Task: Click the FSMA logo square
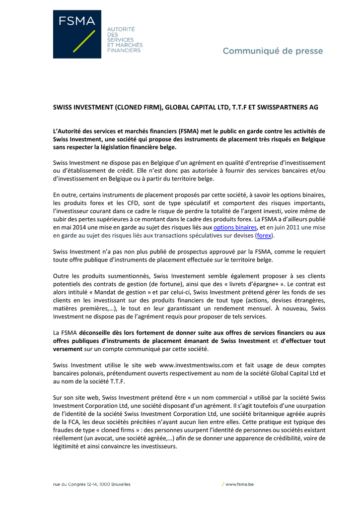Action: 77,34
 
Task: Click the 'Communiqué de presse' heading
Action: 273,51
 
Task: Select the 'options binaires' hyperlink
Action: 235,227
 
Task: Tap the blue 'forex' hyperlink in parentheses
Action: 264,236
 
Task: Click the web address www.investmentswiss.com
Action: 196,365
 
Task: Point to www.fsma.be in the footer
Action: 239,484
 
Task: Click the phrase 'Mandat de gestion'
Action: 111,292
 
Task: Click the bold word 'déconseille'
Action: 111,333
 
